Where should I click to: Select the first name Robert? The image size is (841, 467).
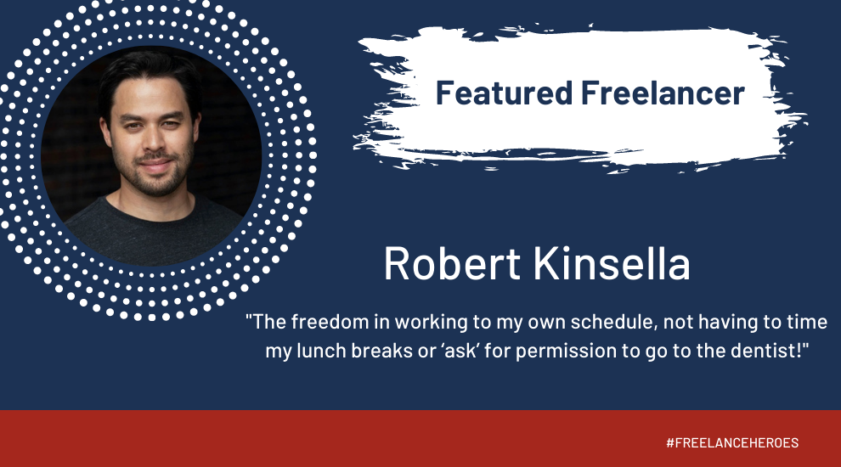452,264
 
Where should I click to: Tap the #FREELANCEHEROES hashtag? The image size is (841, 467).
732,443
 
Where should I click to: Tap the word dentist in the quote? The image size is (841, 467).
767,351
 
